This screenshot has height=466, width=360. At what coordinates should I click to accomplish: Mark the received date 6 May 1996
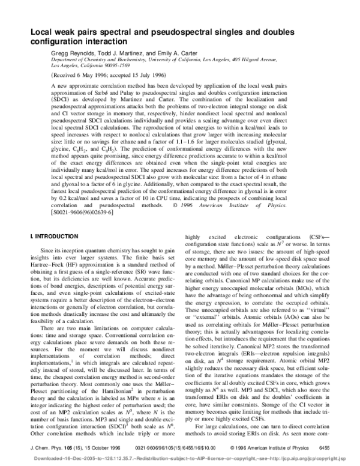[x=88, y=77]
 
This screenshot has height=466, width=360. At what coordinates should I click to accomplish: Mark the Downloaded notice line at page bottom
[x=180, y=457]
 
